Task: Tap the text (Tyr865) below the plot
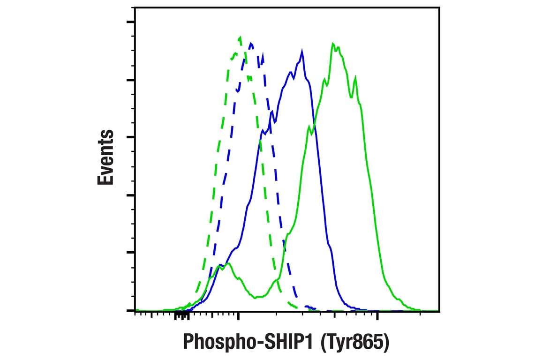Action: [x=354, y=342]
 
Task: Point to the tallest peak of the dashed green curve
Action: [x=240, y=37]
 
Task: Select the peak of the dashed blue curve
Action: [x=252, y=44]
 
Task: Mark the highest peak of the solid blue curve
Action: [x=302, y=51]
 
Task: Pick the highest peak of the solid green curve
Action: [x=333, y=44]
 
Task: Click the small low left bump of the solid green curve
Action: [x=228, y=264]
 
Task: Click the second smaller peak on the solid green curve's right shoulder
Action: [x=356, y=77]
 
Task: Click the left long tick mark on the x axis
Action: [x=239, y=315]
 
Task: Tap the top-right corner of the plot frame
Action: [x=439, y=8]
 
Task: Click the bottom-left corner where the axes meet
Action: [x=135, y=310]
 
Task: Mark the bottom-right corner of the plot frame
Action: [x=439, y=310]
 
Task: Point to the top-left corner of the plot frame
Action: [x=135, y=8]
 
